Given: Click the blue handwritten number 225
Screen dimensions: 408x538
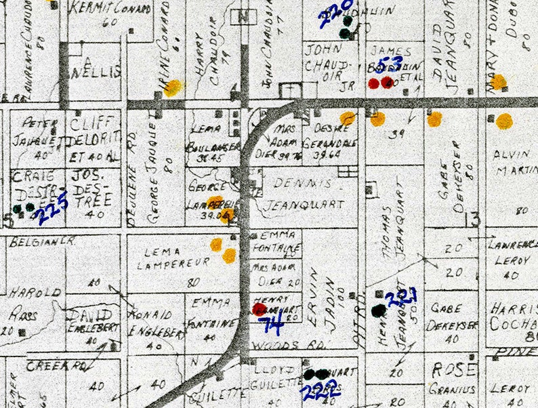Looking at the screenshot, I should click(x=53, y=209).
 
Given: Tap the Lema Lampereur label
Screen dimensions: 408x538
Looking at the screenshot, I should click(x=166, y=258).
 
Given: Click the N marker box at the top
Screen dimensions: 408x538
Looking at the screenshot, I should click(x=243, y=16).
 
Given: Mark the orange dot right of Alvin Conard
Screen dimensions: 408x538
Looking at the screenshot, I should click(x=174, y=87).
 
